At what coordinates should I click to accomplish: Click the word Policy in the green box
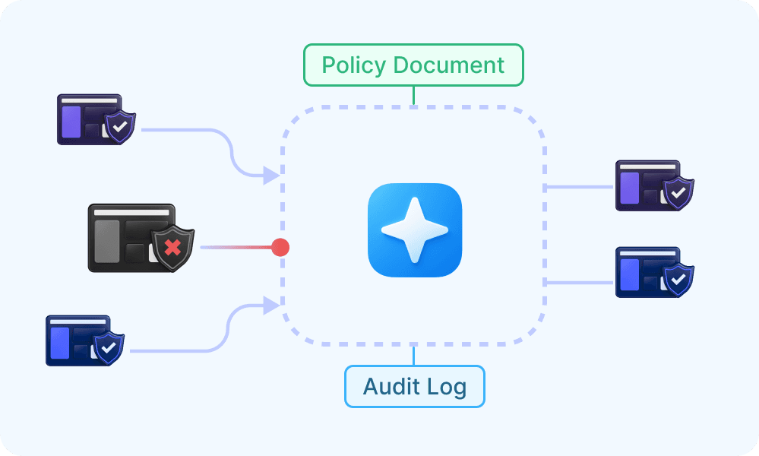(353, 66)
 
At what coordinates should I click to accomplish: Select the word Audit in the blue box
(391, 386)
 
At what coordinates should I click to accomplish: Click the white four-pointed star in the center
(414, 230)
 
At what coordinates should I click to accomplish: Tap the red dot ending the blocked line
(280, 247)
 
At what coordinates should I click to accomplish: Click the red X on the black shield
(172, 248)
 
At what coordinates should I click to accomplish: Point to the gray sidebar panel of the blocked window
(106, 242)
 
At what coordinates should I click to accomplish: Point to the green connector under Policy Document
(413, 95)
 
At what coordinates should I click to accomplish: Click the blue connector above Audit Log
(413, 356)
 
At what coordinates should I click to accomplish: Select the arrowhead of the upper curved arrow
(271, 176)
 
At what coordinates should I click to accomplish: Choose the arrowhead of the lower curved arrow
(271, 306)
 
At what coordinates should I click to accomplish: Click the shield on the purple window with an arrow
(120, 127)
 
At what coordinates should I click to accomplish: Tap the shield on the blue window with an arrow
(109, 347)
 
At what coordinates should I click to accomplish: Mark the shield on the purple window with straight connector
(678, 193)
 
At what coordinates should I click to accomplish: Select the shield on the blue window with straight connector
(678, 280)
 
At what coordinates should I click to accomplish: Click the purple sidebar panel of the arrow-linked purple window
(71, 122)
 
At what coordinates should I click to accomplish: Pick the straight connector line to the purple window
(578, 187)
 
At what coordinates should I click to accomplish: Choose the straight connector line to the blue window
(578, 283)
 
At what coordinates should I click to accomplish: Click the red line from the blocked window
(236, 247)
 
